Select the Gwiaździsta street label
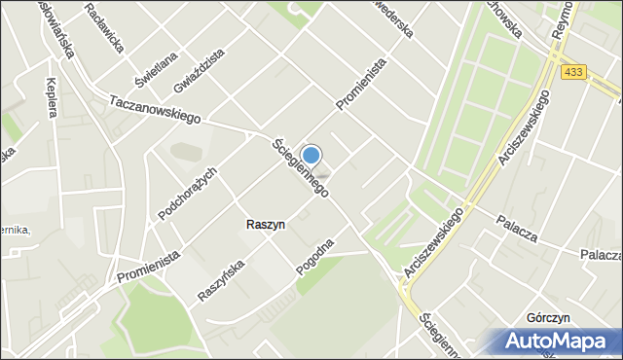click(x=201, y=69)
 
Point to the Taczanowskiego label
click(x=155, y=109)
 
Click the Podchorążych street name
click(x=187, y=193)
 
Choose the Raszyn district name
click(x=266, y=225)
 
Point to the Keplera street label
click(x=51, y=97)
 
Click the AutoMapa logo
click(x=556, y=342)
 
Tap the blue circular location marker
click(x=311, y=155)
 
